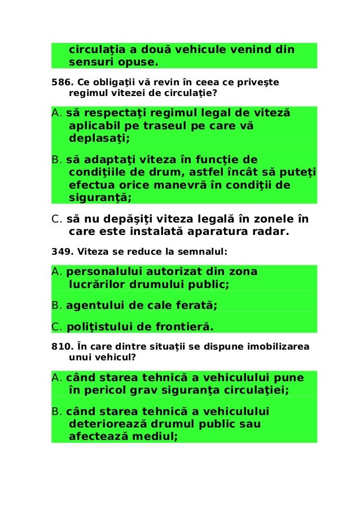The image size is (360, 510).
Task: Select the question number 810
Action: pos(59,347)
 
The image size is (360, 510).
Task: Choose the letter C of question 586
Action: pos(55,219)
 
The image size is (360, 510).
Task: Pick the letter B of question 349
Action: pos(55,306)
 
